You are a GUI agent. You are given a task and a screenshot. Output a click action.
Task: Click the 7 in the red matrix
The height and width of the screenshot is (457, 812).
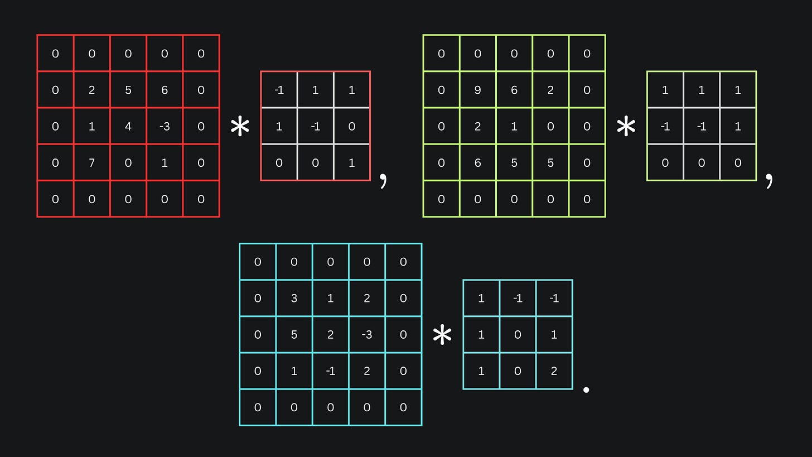click(x=91, y=163)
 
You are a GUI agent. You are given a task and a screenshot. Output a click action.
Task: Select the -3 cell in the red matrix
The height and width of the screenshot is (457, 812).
click(x=165, y=127)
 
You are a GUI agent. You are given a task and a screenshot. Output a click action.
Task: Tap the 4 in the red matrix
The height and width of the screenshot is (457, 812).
click(x=128, y=127)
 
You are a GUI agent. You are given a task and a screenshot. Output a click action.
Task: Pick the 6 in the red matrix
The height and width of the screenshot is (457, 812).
click(x=165, y=90)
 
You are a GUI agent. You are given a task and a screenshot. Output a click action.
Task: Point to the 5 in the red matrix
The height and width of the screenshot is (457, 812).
click(x=128, y=90)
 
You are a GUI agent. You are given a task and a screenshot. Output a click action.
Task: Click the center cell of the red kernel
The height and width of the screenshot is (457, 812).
click(x=315, y=127)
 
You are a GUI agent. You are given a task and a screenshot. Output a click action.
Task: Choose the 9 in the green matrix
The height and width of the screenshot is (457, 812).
click(x=477, y=90)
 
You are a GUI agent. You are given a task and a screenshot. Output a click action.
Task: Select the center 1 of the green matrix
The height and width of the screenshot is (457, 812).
click(x=514, y=127)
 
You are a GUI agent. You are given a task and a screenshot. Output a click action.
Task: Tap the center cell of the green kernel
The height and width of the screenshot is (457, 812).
click(x=702, y=127)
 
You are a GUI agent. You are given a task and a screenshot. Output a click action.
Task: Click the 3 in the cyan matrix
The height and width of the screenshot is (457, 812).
click(x=294, y=298)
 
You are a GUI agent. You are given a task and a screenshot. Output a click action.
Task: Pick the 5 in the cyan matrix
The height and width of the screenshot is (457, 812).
click(x=294, y=335)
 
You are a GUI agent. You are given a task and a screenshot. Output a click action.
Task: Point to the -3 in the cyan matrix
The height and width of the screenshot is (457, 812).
click(x=367, y=335)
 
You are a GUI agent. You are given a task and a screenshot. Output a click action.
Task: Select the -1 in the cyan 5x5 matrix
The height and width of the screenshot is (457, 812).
click(x=331, y=371)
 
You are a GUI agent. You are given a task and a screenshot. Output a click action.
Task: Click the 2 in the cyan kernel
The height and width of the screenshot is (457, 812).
click(x=554, y=371)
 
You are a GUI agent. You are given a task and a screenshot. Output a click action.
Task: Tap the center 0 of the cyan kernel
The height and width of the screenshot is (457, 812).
click(x=518, y=335)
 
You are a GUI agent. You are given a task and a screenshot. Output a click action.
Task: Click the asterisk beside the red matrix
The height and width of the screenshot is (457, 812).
click(x=240, y=127)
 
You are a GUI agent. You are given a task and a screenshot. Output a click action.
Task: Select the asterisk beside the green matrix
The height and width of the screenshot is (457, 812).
click(x=626, y=127)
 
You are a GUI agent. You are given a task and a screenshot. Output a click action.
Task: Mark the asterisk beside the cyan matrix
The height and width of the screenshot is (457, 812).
click(x=442, y=335)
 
